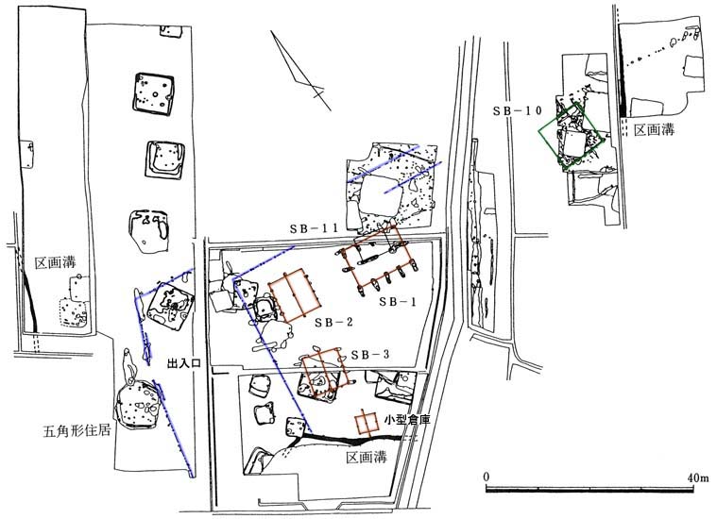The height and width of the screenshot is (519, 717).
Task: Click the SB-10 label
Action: coord(517,111)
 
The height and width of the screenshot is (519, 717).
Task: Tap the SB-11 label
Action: coord(314,229)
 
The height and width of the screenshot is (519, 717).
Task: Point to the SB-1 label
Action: coord(398,302)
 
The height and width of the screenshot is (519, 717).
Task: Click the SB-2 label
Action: coord(333,323)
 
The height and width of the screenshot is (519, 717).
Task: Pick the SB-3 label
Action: coord(370,355)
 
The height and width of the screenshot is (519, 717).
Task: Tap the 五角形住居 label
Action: coord(77,431)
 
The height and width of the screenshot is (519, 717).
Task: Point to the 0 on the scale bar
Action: coord(487,477)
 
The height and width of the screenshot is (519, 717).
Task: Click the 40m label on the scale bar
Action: coord(698,477)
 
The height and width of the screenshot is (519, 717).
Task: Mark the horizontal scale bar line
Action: coord(589,490)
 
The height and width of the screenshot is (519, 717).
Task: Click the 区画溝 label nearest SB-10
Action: coord(654,130)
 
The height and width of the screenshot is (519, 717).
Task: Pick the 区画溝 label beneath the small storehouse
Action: coord(367,457)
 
